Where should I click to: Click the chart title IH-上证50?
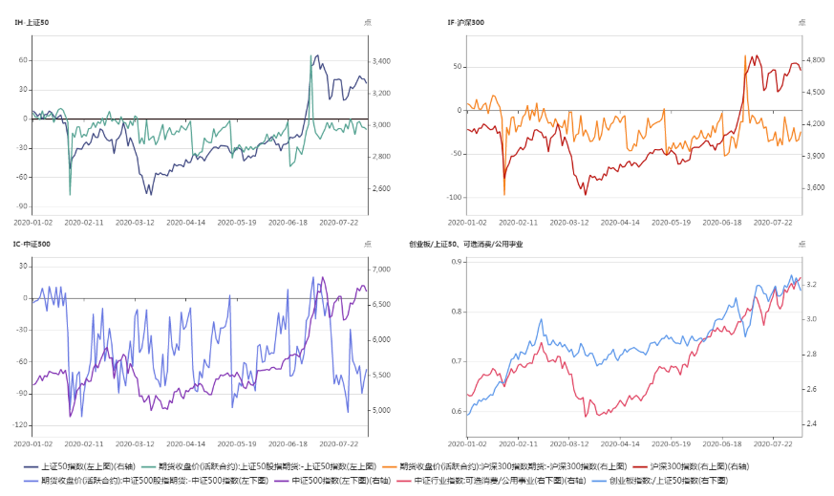point(32,22)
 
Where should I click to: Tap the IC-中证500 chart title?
point(32,245)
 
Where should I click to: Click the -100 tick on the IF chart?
point(454,198)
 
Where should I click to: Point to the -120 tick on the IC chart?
point(21,424)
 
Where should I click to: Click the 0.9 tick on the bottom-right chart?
point(457,261)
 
